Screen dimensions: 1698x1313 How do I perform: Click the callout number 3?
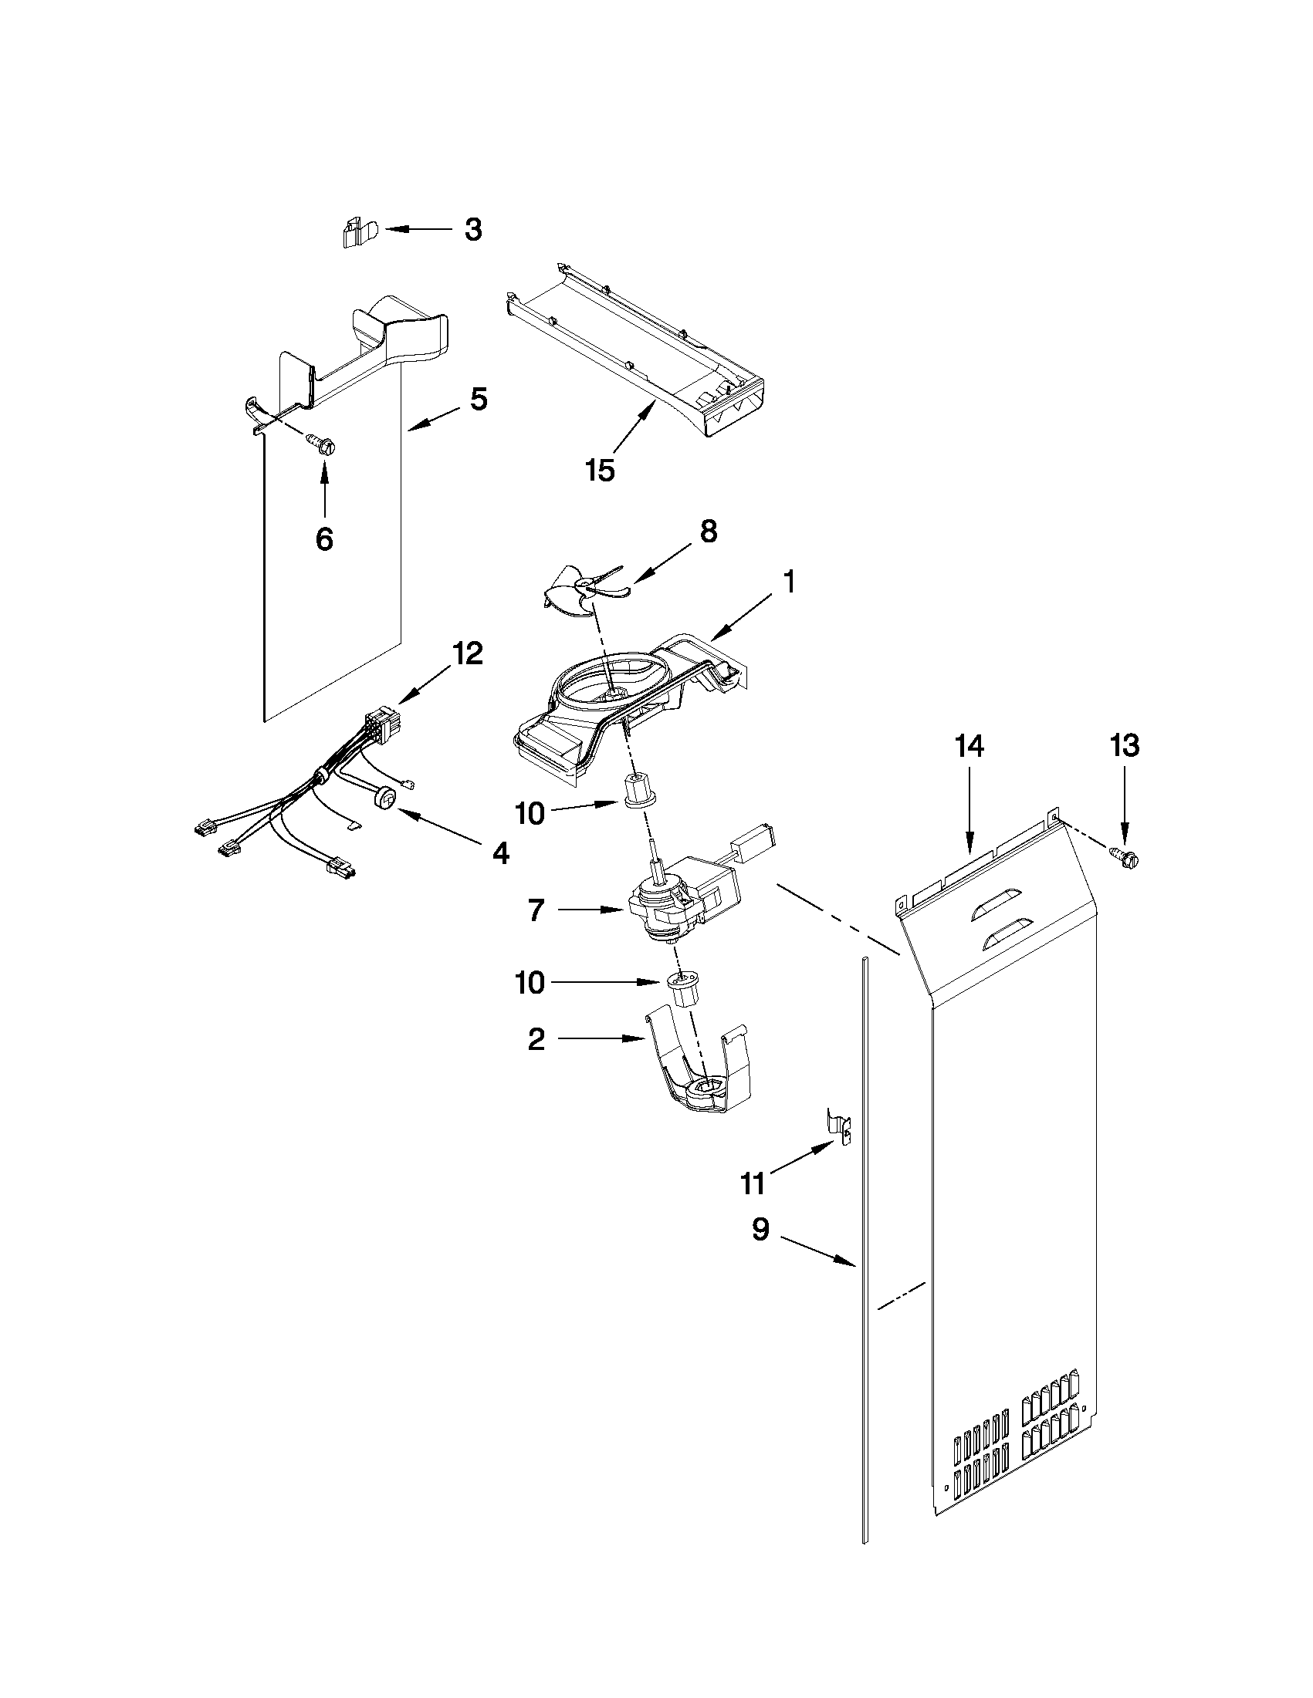[473, 230]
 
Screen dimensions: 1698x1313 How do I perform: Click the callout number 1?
[788, 582]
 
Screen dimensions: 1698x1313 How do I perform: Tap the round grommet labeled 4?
[384, 798]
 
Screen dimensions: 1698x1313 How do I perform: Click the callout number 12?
[468, 653]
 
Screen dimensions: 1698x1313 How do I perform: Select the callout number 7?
[536, 910]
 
